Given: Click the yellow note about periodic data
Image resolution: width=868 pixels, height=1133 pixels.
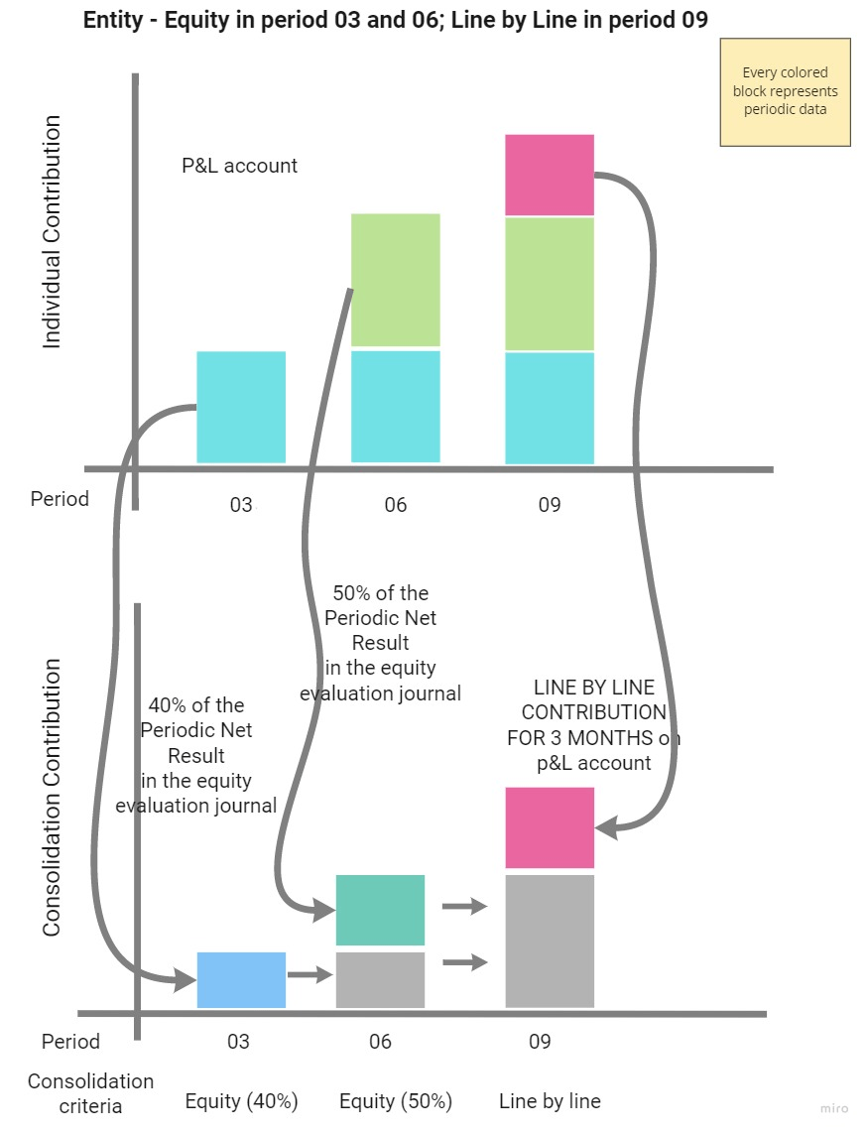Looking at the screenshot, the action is (785, 92).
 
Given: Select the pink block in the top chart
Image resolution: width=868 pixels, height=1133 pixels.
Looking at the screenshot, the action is (550, 175).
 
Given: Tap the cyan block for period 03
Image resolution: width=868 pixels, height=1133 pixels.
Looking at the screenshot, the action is (241, 407).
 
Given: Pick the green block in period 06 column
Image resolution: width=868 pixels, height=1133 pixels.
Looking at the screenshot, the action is (396, 280).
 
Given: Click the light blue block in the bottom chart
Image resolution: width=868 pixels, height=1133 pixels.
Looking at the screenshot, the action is (241, 980).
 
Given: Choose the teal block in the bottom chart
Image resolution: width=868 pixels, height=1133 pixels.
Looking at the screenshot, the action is (380, 910).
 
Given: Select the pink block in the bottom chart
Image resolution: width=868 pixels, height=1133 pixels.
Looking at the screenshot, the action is (550, 827).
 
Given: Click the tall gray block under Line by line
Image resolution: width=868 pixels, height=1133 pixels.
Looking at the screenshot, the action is (550, 941).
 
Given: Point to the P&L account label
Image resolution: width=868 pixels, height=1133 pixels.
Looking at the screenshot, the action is (239, 166).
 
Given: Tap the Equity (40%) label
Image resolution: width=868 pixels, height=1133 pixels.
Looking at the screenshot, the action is (241, 1101).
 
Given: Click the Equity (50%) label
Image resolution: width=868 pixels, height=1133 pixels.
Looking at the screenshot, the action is (396, 1101).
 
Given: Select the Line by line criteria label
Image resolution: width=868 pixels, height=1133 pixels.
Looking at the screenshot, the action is (550, 1100).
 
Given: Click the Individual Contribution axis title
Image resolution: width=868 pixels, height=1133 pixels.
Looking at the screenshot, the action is (52, 232).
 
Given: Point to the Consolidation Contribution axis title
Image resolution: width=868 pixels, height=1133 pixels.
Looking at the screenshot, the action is (52, 798).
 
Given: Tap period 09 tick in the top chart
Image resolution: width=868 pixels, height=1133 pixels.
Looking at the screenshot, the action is (550, 504).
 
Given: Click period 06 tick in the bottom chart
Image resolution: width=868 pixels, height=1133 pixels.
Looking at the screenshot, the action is (380, 1042).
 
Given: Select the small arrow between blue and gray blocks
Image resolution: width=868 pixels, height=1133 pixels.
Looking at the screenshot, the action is (310, 975).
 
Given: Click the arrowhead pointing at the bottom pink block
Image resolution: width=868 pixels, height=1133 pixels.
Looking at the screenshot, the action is (605, 826).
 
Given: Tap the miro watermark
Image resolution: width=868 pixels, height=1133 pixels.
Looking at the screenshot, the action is (834, 1108).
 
